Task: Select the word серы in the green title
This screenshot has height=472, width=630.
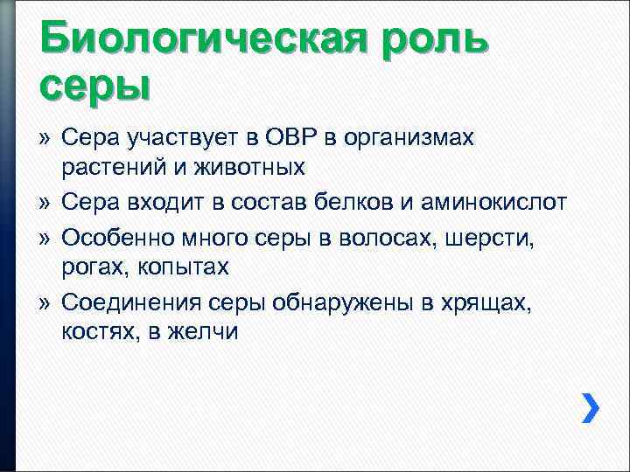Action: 94,86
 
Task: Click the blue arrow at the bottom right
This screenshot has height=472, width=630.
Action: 591,407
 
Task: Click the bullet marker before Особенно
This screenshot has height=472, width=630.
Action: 45,237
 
